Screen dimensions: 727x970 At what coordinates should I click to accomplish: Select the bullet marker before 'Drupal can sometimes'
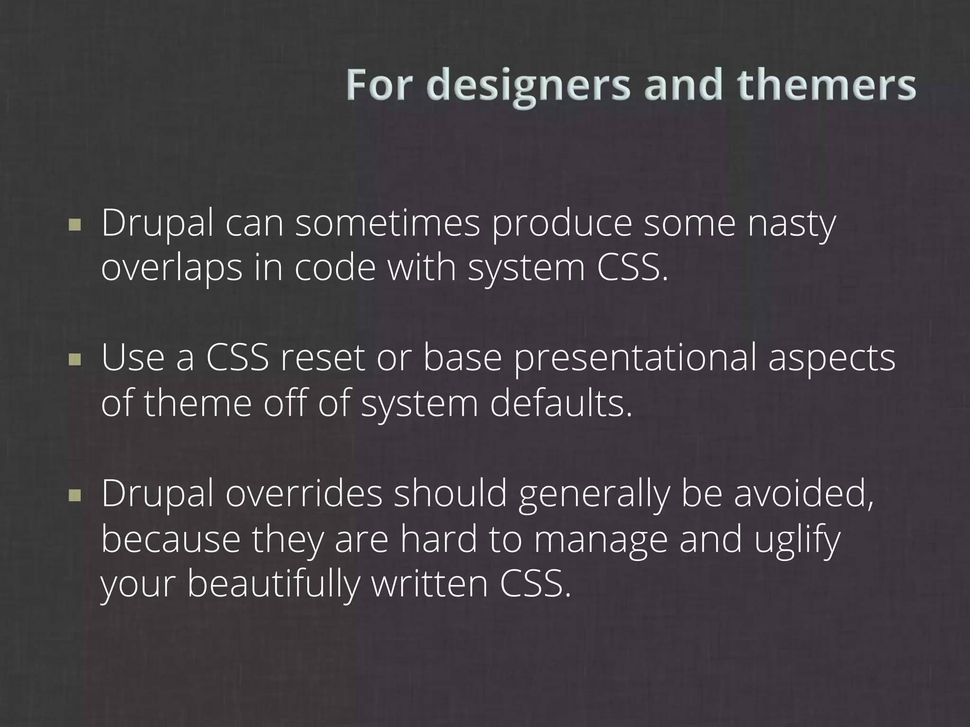point(74,224)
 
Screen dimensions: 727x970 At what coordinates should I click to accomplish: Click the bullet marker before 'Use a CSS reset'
point(74,360)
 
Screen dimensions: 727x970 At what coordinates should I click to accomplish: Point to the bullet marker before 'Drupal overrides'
point(74,495)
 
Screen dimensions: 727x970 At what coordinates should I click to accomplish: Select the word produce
point(561,224)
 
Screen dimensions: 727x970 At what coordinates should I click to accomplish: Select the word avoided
point(803,494)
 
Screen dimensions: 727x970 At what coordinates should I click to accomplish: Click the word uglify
point(797,540)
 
